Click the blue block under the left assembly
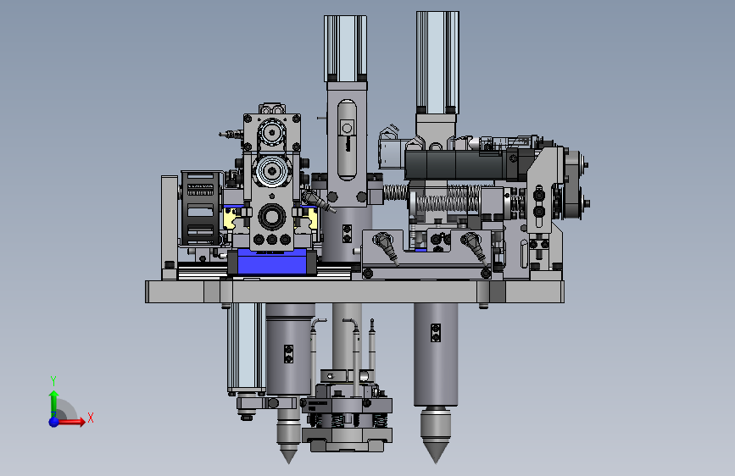tap(272, 262)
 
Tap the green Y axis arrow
tap(54, 402)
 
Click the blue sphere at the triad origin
tap(54, 422)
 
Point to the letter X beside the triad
tap(91, 418)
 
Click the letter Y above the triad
tap(53, 380)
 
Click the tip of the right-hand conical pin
tap(436, 463)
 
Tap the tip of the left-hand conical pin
tap(289, 463)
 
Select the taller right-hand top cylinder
tap(437, 63)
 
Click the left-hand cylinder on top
tap(346, 48)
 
